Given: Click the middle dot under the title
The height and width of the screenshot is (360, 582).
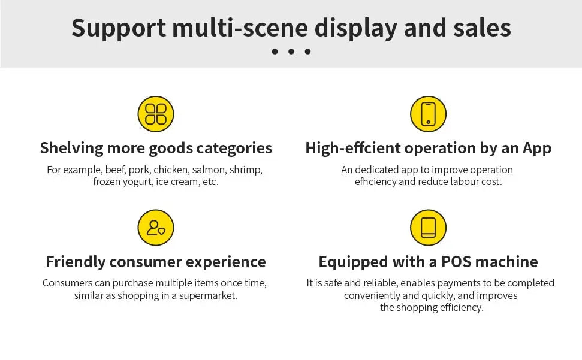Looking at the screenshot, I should (291, 52).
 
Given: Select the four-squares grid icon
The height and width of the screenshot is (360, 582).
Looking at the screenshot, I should (156, 114).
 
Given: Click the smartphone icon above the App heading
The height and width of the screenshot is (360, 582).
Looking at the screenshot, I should (428, 114).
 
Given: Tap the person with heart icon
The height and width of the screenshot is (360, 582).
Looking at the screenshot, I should (156, 228).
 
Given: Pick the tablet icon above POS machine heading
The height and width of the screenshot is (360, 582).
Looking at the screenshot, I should (428, 228).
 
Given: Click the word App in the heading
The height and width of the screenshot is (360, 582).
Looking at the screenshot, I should (537, 148).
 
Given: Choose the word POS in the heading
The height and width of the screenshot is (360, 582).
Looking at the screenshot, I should (460, 262).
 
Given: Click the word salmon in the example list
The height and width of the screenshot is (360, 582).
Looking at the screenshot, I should (207, 170).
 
